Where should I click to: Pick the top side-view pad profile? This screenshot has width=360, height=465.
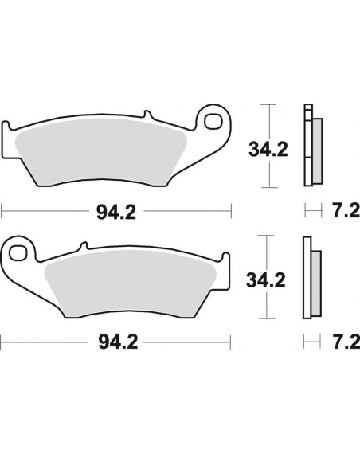(x=312, y=143)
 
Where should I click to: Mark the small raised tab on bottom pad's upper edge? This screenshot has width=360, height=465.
(x=81, y=244)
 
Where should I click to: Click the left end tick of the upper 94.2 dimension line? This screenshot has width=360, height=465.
(x=2, y=212)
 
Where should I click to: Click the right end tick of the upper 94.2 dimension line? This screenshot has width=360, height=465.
(x=231, y=212)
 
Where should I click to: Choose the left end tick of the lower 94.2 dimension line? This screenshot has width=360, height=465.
(x=2, y=343)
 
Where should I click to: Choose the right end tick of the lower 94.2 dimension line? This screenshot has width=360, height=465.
(x=231, y=343)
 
